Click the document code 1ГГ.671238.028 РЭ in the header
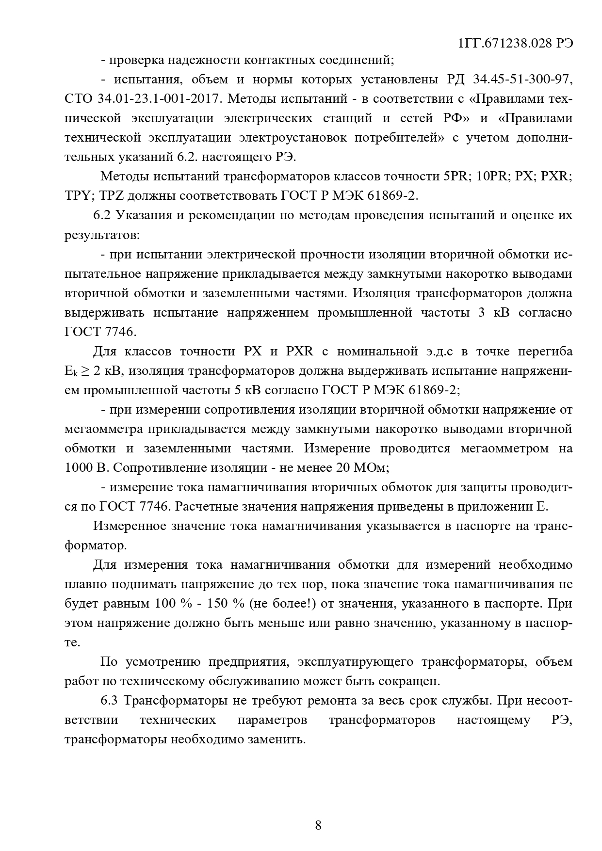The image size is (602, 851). (515, 43)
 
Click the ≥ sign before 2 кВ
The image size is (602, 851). (85, 371)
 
